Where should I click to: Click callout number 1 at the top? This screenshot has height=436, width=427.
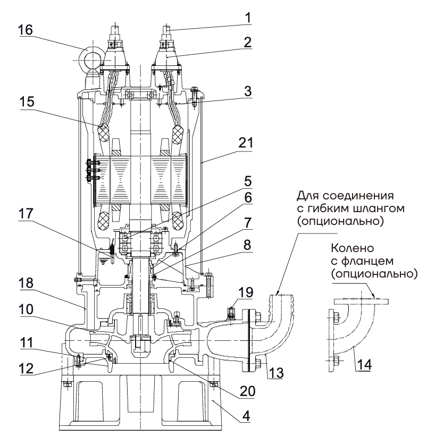point(247,16)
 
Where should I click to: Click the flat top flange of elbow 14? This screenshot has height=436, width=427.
point(362,301)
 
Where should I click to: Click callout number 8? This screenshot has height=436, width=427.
point(247,247)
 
